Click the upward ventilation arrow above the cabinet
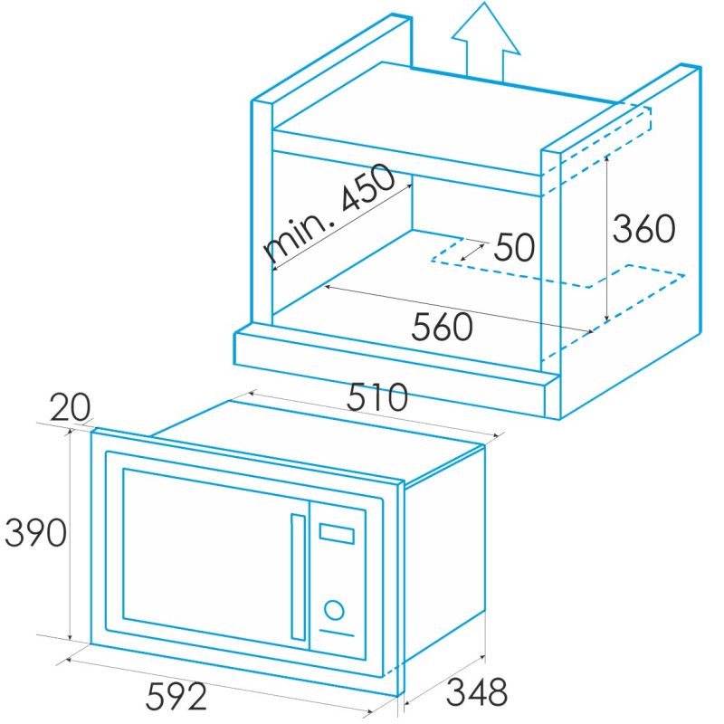coord(485,43)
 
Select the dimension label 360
coord(643,228)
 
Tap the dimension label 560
coord(442,327)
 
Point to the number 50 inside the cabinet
coord(514,247)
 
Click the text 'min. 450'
coord(329,213)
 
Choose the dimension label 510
coord(377,396)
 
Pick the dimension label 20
coord(71,406)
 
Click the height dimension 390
coord(35,532)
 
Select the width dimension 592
coord(176,696)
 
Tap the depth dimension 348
coord(477,691)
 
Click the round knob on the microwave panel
coord(334,610)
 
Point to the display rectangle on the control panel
coord(337,533)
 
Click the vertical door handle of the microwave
coord(299,576)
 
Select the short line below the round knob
coord(337,633)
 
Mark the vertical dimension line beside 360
coord(606,238)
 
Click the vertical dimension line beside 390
coord(71,535)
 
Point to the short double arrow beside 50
coord(472,252)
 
